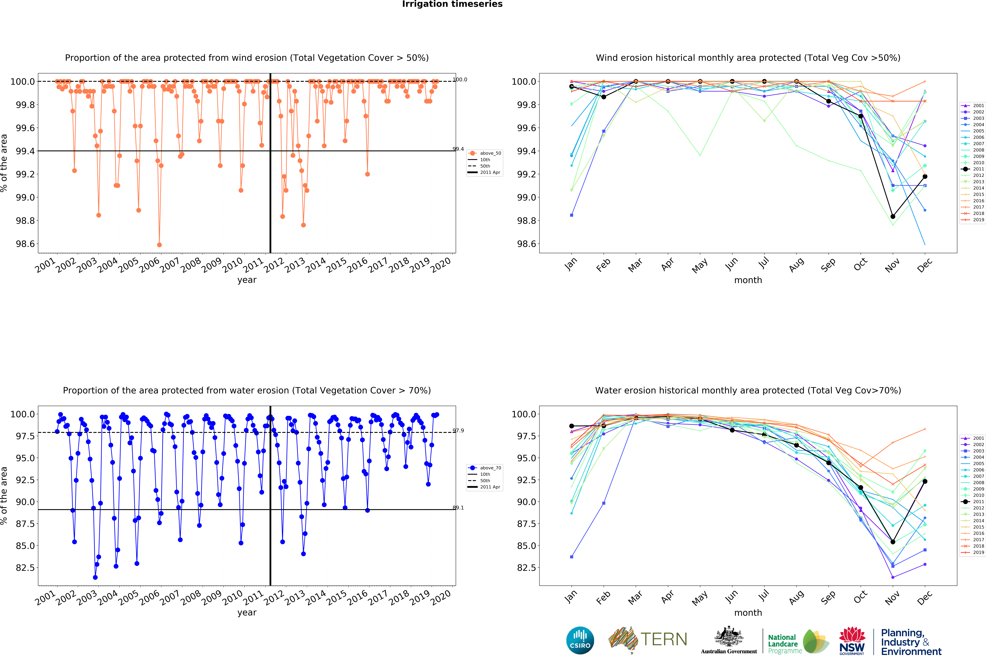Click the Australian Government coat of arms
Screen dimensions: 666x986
pos(728,636)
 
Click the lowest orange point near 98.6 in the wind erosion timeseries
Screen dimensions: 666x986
pos(159,245)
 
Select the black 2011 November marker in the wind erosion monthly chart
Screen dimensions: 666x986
pos(893,216)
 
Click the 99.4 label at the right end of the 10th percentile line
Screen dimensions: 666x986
pos(458,149)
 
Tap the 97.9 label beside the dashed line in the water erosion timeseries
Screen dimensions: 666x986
pos(458,431)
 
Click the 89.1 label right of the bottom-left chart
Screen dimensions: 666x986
pos(458,508)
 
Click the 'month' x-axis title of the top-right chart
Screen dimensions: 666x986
pos(748,280)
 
